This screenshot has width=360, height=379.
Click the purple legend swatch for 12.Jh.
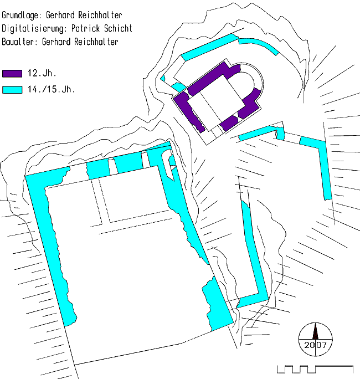pos(12,74)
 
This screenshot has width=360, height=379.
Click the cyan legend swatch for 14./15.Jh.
pos(12,90)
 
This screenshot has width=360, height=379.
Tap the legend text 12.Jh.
pos(42,73)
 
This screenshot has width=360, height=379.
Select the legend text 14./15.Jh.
pos(51,89)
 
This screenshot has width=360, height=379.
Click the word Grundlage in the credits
pos(20,15)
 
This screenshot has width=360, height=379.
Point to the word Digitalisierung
pos(34,28)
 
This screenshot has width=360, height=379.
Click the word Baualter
pos(18,42)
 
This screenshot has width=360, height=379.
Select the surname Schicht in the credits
pos(118,28)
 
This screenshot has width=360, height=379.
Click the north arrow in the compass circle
pos(315,331)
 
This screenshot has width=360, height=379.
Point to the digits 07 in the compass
pos(321,345)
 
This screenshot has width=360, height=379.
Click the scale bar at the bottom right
pos(315,369)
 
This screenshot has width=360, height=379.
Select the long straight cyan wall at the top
pos(209,47)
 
